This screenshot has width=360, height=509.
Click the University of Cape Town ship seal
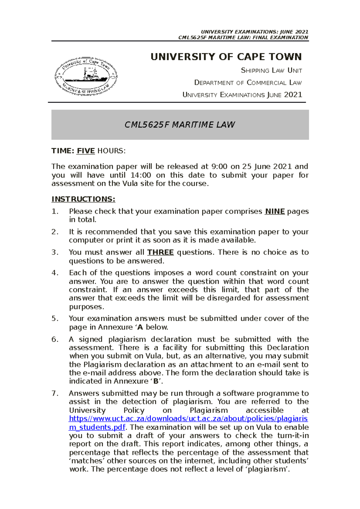pyautogui.click(x=86, y=76)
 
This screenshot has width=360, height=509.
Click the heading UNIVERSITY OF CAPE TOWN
pyautogui.click(x=226, y=57)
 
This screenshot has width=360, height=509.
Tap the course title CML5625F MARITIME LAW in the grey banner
pyautogui.click(x=180, y=125)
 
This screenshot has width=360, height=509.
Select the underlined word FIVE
pyautogui.click(x=86, y=151)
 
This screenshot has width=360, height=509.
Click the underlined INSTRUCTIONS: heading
pyautogui.click(x=83, y=199)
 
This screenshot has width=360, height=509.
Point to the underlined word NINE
pyautogui.click(x=275, y=211)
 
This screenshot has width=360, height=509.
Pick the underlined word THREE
pyautogui.click(x=160, y=252)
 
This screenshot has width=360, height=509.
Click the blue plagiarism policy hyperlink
pyautogui.click(x=188, y=419)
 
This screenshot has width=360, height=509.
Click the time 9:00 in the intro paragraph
pyautogui.click(x=219, y=166)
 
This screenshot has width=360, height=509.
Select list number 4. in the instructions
pyautogui.click(x=55, y=273)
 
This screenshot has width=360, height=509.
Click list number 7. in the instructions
pyautogui.click(x=55, y=393)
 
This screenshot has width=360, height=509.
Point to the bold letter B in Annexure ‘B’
pyautogui.click(x=156, y=381)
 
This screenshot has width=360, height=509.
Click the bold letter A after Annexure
pyautogui.click(x=140, y=327)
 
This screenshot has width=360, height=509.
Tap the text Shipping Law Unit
pyautogui.click(x=271, y=70)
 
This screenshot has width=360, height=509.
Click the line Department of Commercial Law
pyautogui.click(x=248, y=82)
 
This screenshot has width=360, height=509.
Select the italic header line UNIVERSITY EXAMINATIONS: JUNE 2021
pyautogui.click(x=254, y=32)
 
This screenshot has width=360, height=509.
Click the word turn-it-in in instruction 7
pyautogui.click(x=293, y=436)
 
